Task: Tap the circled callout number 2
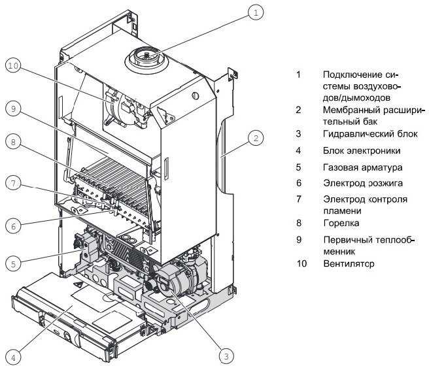pyautogui.click(x=256, y=138)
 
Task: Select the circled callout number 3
pyautogui.click(x=226, y=356)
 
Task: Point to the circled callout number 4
pyautogui.click(x=12, y=357)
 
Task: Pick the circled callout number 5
pyautogui.click(x=12, y=264)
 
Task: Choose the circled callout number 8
pyautogui.click(x=12, y=142)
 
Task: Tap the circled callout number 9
pyautogui.click(x=12, y=109)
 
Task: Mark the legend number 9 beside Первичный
pyautogui.click(x=298, y=239)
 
